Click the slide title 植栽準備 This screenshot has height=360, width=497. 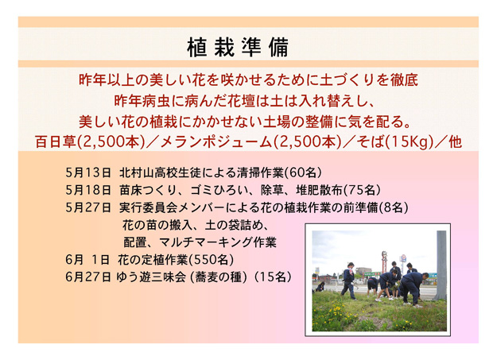click(238, 47)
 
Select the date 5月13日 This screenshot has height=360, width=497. click(88, 172)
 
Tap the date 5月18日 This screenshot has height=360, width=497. click(88, 190)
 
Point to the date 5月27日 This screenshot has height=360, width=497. click(88, 207)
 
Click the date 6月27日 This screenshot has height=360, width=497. click(88, 277)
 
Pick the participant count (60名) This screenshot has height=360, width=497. click(303, 172)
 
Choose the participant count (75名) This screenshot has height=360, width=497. click(362, 190)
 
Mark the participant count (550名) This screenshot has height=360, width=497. click(212, 260)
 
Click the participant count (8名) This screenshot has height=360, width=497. click(394, 207)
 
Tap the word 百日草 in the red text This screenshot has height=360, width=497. click(56, 142)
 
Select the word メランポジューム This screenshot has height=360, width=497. click(216, 142)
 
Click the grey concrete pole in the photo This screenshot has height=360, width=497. click(441, 265)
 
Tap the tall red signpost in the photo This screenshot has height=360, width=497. click(384, 262)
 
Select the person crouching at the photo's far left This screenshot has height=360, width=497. click(320, 287)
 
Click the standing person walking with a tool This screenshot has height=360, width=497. click(348, 281)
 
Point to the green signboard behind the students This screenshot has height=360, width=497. click(372, 274)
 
